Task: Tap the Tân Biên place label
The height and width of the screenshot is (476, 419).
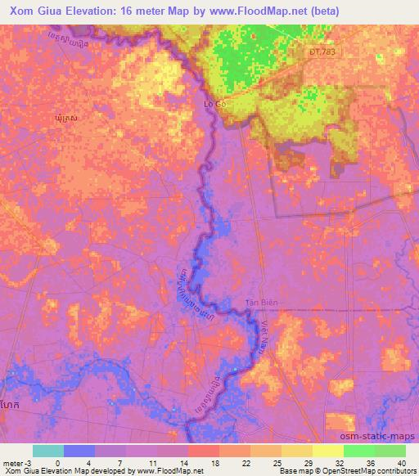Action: tap(263, 303)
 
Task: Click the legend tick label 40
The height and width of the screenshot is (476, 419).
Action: tap(401, 462)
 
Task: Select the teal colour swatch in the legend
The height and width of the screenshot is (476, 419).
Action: tap(48, 451)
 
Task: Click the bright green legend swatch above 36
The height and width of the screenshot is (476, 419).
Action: tap(358, 451)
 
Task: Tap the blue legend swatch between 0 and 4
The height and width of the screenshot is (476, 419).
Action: tap(79, 451)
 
